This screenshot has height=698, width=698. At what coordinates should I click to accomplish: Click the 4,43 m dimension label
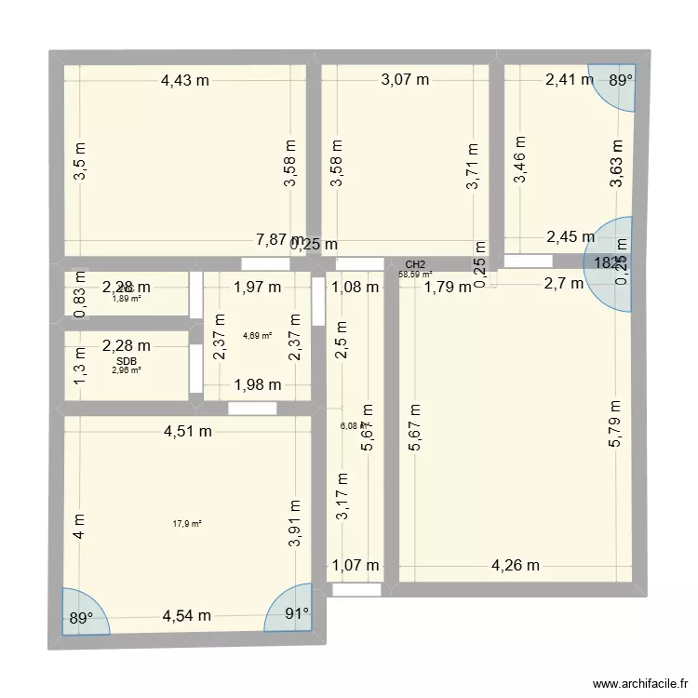[184, 81]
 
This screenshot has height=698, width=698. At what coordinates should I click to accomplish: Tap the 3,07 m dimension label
[405, 81]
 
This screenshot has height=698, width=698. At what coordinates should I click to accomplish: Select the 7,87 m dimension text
[280, 240]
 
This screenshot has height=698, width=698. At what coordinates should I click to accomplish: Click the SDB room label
[127, 359]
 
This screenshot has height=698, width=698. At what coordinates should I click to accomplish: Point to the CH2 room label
[416, 264]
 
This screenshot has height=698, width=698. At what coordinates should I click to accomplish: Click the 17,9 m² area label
[187, 524]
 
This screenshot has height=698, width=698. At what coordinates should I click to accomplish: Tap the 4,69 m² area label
[257, 336]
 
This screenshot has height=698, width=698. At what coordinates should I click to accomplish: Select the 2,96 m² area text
[127, 369]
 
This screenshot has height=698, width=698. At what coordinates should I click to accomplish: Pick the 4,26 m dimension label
[515, 564]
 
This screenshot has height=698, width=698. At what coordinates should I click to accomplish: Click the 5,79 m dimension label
[615, 424]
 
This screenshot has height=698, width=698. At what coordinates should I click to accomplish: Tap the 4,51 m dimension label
[188, 431]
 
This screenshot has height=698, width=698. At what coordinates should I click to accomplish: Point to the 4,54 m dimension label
[186, 616]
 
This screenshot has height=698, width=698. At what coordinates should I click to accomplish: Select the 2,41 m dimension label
[569, 80]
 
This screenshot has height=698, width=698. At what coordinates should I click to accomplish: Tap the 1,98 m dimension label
[256, 386]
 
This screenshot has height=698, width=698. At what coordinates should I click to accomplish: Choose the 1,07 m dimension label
[356, 564]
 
